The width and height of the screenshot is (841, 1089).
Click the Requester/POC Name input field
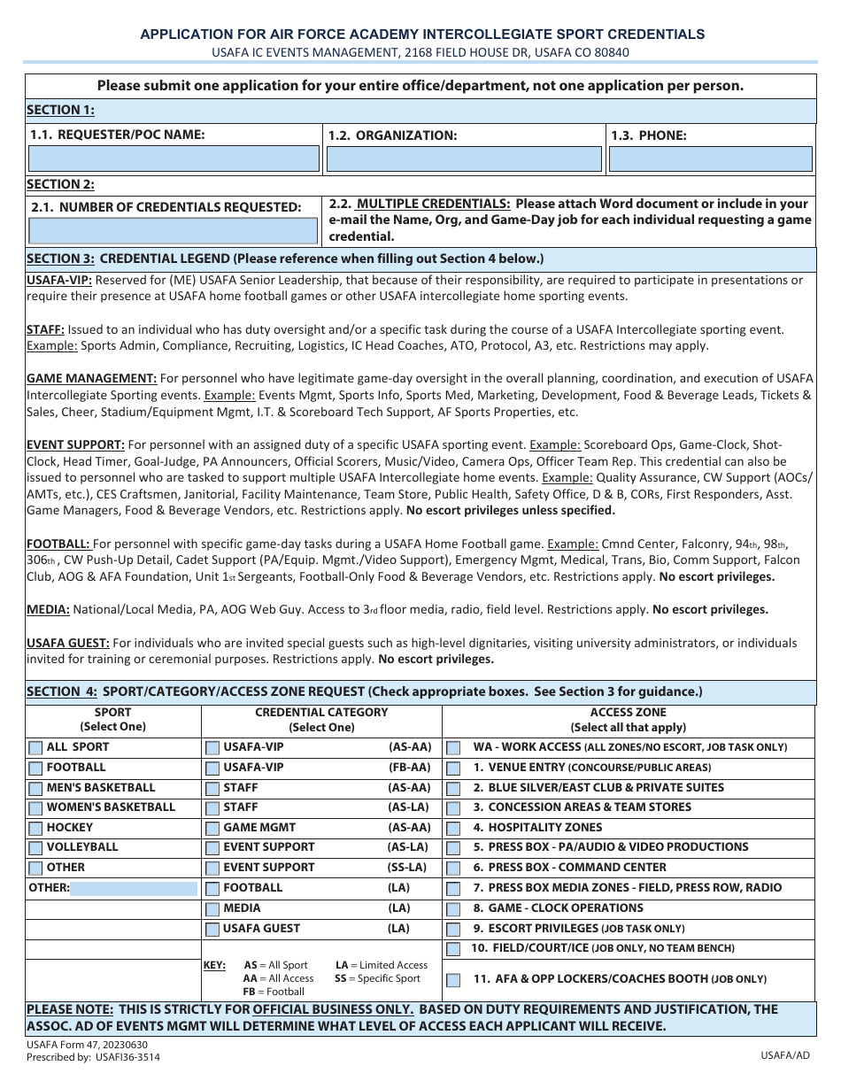point(174,158)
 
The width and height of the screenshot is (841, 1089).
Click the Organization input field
point(464,158)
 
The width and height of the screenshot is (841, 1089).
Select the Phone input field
point(710,158)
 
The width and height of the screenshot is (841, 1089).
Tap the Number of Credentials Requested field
point(173,231)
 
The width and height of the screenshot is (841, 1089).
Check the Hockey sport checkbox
point(35,829)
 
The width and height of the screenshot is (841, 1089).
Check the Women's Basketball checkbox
point(35,808)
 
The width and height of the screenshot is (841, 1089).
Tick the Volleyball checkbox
point(35,848)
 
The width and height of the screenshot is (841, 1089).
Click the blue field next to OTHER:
point(133,888)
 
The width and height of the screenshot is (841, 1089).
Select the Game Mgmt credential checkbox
point(212,829)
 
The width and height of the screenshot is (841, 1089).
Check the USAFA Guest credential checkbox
point(212,930)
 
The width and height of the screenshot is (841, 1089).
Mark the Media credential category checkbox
point(212,909)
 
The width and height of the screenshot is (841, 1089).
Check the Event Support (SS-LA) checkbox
point(212,869)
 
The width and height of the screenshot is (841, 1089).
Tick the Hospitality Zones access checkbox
point(453,829)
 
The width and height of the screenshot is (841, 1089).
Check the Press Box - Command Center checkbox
point(453,869)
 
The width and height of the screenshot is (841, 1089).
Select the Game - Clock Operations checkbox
point(453,909)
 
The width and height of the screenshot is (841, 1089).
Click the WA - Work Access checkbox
point(453,748)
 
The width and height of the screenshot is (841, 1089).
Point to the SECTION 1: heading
point(60,110)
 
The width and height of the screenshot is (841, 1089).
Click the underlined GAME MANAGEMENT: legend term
point(92,379)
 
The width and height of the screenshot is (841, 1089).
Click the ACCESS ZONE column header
point(628,713)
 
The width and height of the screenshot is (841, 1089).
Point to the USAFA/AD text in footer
point(784,1055)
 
